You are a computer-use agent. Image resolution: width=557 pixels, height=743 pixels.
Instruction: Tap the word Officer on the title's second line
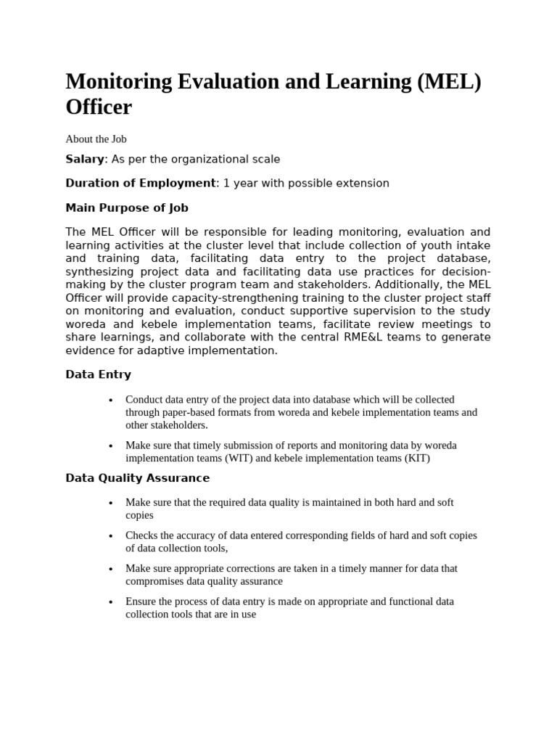pyautogui.click(x=99, y=107)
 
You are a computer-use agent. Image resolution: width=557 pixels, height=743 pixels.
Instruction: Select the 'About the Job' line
pyautogui.click(x=96, y=139)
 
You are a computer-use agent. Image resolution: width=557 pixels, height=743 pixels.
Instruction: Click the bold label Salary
pyautogui.click(x=85, y=159)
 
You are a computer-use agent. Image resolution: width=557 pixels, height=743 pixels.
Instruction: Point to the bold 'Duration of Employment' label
pyautogui.click(x=141, y=183)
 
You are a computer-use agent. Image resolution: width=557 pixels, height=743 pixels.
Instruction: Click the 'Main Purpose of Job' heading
pyautogui.click(x=127, y=208)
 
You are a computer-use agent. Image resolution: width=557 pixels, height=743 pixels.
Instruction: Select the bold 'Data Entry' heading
pyautogui.click(x=98, y=374)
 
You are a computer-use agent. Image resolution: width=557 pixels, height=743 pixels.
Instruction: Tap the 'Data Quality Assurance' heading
pyautogui.click(x=138, y=478)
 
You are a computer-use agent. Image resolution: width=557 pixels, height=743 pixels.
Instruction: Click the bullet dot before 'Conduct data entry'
pyautogui.click(x=110, y=400)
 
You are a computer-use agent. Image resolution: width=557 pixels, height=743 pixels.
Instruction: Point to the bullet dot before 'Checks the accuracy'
pyautogui.click(x=110, y=536)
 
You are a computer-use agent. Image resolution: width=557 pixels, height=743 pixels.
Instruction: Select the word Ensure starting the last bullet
pyautogui.click(x=142, y=602)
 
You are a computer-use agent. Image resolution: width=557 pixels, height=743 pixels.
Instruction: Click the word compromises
pyautogui.click(x=160, y=581)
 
